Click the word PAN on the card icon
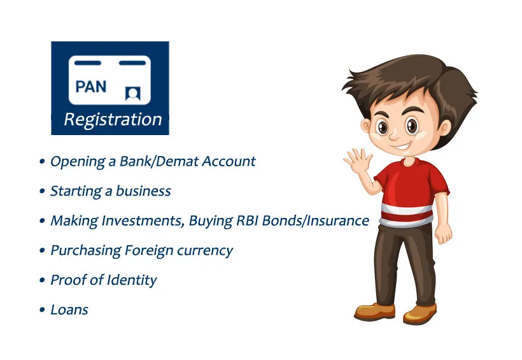(91, 86)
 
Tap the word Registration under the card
(113, 120)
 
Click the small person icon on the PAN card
(133, 94)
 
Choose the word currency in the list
(205, 250)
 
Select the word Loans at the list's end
(69, 310)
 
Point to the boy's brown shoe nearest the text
(375, 312)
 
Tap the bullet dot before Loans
(42, 310)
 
